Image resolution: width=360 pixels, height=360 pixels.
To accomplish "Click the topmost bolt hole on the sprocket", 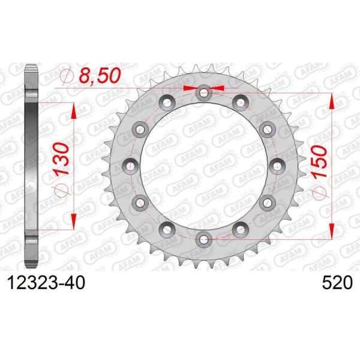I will (204, 92).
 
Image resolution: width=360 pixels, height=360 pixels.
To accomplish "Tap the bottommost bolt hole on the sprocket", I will (204, 238).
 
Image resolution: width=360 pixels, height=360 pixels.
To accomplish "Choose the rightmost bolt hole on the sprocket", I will (277, 165).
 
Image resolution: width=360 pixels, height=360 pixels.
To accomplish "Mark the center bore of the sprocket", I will (204, 165).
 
